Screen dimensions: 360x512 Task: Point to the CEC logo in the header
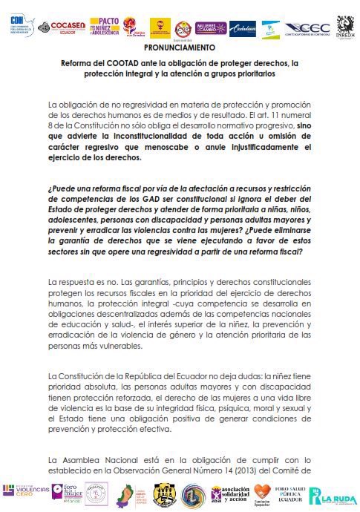tap(307, 28)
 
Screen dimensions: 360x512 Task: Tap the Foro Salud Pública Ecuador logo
tap(292, 494)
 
